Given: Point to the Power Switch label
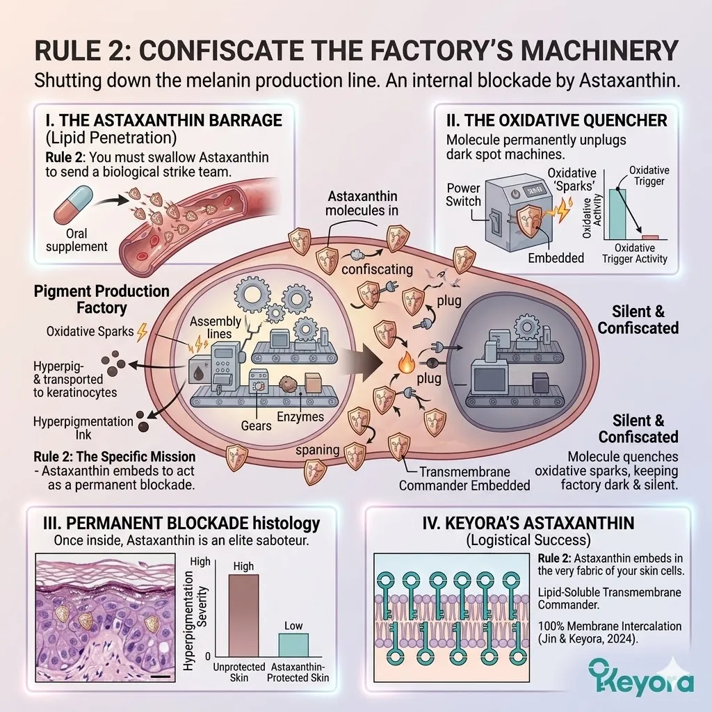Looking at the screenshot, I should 464,195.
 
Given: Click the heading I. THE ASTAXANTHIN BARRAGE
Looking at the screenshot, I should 158,120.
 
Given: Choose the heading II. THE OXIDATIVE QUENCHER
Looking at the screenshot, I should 556,120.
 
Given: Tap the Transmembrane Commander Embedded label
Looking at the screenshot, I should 464,478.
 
